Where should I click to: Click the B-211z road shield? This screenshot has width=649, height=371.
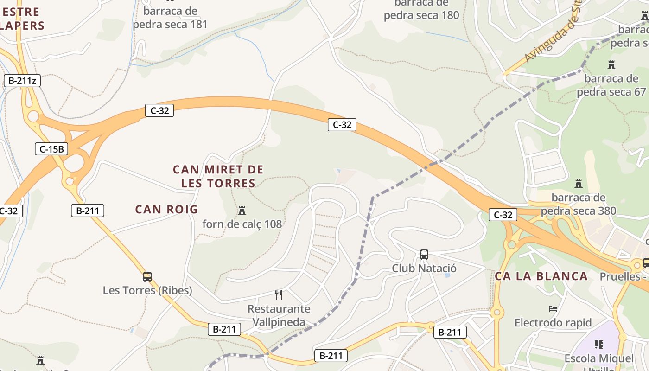22,81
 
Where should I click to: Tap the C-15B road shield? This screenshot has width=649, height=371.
51,149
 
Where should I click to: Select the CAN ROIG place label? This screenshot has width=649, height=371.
166,210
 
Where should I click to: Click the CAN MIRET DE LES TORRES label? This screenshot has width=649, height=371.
218,176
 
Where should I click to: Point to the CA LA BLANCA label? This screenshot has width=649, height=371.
541,276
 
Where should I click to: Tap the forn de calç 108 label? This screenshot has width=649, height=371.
242,224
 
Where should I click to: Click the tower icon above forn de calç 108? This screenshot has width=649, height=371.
242,211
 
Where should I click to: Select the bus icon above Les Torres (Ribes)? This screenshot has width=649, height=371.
147,277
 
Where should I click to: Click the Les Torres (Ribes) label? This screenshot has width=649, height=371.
147,290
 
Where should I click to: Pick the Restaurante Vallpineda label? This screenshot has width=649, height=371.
279,315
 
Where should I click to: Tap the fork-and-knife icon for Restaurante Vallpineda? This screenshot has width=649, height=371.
279,295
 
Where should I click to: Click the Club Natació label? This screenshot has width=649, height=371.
424,268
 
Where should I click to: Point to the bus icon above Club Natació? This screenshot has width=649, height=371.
424,254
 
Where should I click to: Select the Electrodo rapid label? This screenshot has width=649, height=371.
553,322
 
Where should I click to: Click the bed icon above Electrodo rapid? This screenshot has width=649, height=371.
553,309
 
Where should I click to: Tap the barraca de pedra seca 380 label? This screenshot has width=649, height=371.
579,205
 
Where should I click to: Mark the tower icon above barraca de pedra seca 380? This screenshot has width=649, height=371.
579,184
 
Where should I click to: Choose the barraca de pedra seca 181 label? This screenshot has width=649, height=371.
170,18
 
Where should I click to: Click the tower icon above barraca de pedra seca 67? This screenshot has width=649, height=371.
611,65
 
